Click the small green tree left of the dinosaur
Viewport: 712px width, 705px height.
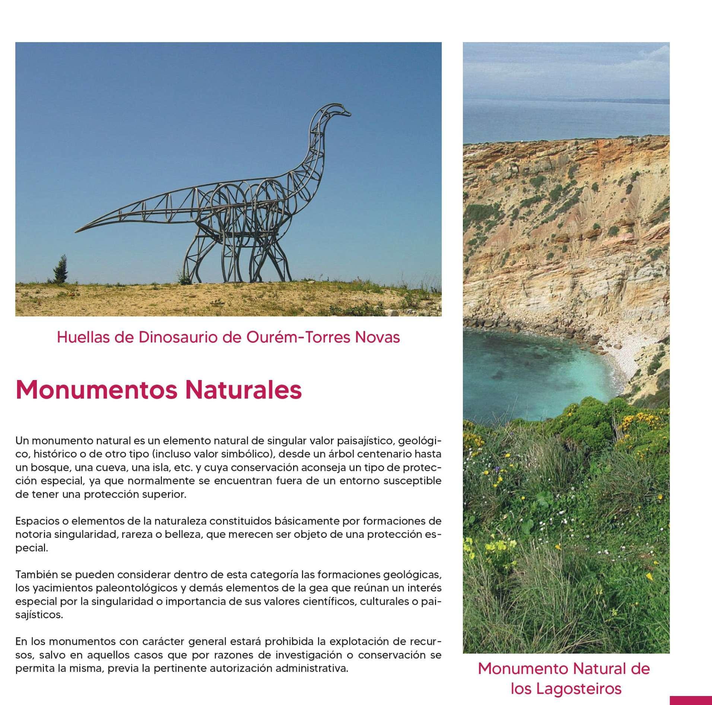tap(61, 270)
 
